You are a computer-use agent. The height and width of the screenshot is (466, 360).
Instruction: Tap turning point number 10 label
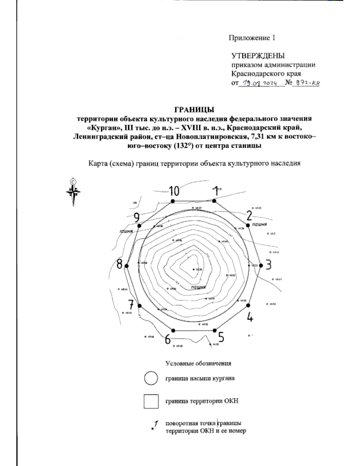(x=174, y=191)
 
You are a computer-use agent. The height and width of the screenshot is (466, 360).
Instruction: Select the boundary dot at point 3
(x=261, y=266)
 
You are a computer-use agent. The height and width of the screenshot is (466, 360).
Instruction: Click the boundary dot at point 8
(x=126, y=266)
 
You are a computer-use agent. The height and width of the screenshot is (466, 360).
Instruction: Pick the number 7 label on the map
(x=131, y=305)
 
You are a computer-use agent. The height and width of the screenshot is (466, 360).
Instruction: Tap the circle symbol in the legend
(x=151, y=378)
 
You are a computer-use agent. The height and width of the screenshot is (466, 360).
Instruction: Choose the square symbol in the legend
(x=151, y=401)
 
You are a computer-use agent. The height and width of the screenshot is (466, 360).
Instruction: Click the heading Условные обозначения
(x=198, y=363)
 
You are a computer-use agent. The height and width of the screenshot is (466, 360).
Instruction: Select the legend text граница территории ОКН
(x=202, y=401)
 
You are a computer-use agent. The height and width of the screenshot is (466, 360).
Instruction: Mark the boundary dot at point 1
(x=214, y=201)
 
